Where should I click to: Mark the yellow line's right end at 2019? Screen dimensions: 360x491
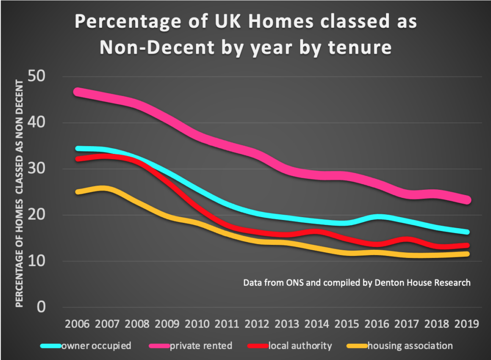[x=467, y=254]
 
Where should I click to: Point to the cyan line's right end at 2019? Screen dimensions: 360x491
[x=467, y=232]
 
